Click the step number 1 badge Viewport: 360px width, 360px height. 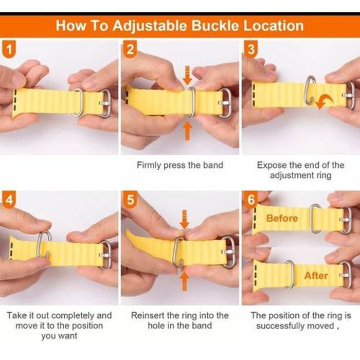[x=9, y=49]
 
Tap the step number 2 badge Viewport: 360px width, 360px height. [x=130, y=49]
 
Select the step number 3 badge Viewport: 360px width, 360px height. [x=251, y=49]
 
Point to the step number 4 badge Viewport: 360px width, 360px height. [x=9, y=200]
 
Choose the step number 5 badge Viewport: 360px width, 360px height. [x=130, y=200]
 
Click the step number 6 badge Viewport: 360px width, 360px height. [x=251, y=200]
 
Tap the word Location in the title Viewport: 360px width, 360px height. [x=274, y=26]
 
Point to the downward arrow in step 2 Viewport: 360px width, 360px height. [x=188, y=75]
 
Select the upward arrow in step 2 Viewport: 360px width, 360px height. [x=188, y=131]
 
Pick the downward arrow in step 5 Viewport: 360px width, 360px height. [x=184, y=219]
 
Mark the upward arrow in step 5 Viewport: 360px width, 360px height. [x=184, y=281]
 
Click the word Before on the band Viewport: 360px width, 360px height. [x=282, y=218]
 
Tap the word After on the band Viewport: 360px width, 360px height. [x=316, y=276]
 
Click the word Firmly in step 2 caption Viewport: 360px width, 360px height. [x=149, y=165]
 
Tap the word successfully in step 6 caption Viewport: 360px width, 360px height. [x=280, y=326]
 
